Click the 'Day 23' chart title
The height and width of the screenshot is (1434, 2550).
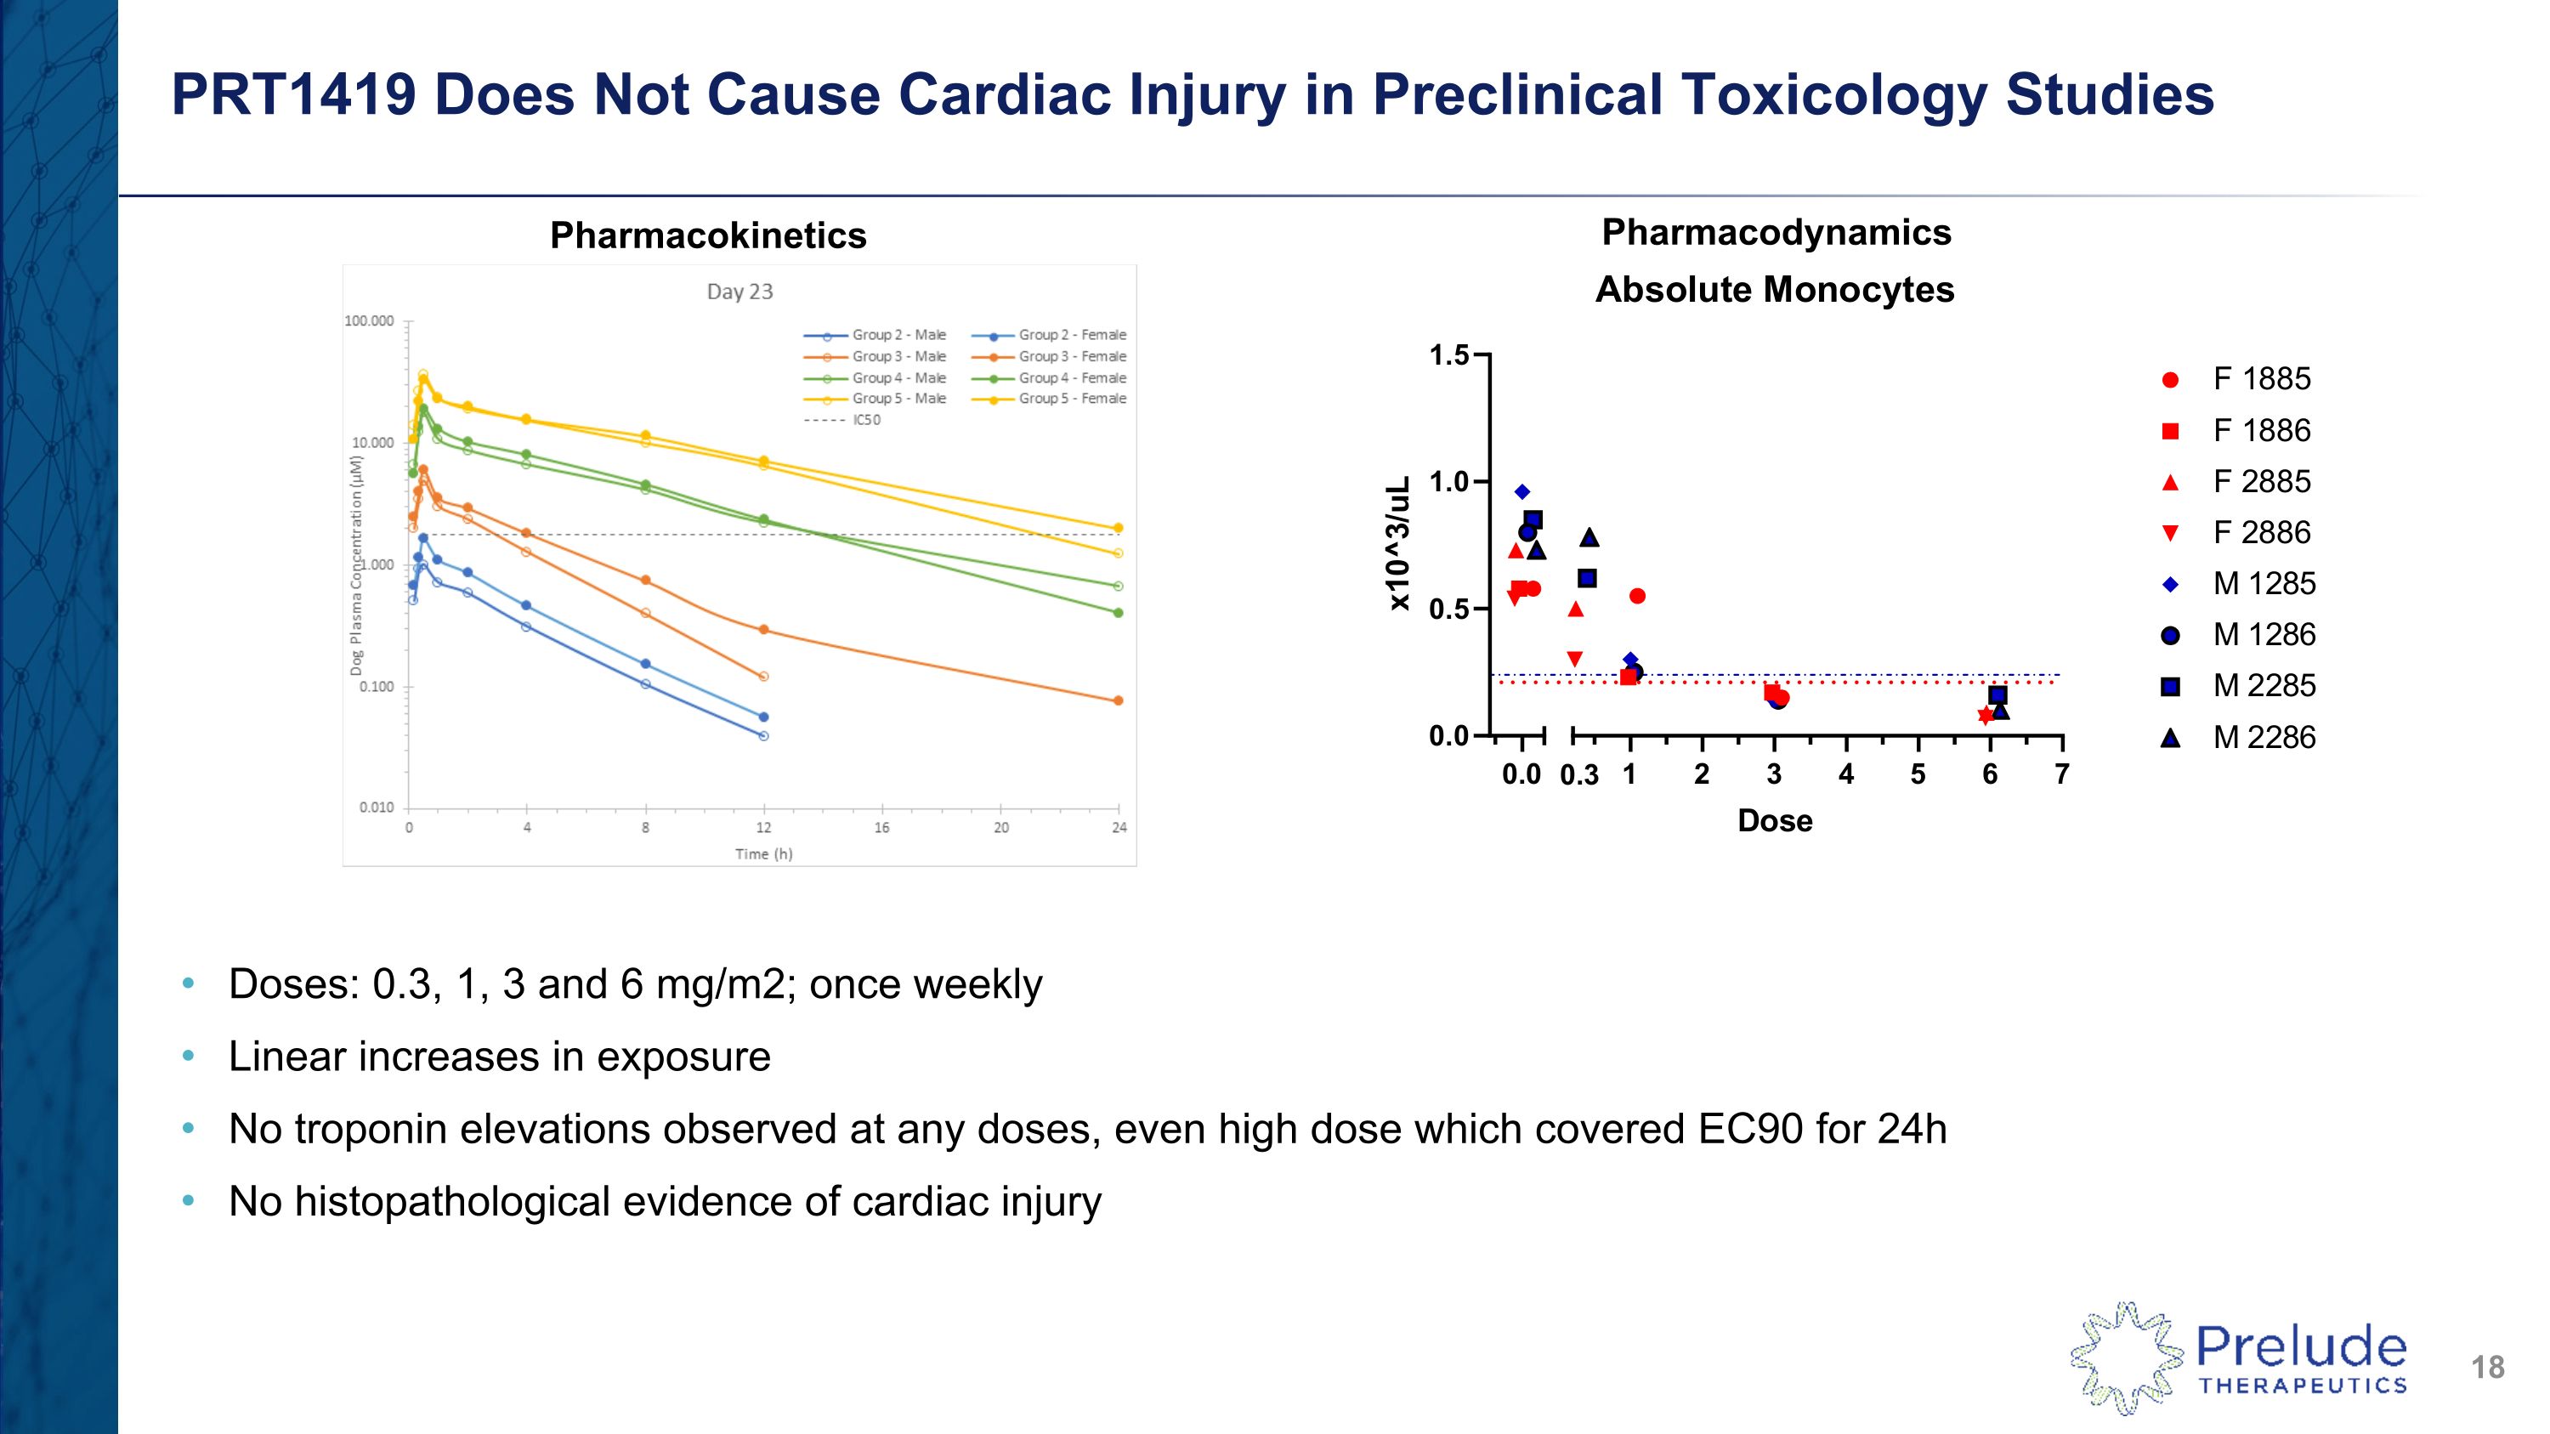point(739,292)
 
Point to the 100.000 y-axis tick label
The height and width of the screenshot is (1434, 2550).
point(369,321)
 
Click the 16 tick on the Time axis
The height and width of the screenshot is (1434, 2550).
point(881,828)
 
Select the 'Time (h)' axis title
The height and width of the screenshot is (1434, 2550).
point(763,854)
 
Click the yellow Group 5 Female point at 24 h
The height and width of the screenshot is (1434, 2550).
point(1119,529)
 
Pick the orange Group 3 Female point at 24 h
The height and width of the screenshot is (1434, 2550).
point(1119,700)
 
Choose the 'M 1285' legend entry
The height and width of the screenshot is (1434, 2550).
point(2263,584)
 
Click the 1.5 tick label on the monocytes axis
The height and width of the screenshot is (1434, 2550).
point(1449,355)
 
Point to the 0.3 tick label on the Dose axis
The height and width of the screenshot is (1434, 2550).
point(1579,776)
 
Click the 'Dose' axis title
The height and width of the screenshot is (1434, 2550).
point(1775,821)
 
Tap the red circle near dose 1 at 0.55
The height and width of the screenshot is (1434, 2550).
point(1637,596)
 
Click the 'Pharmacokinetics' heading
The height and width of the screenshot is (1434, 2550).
point(708,235)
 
